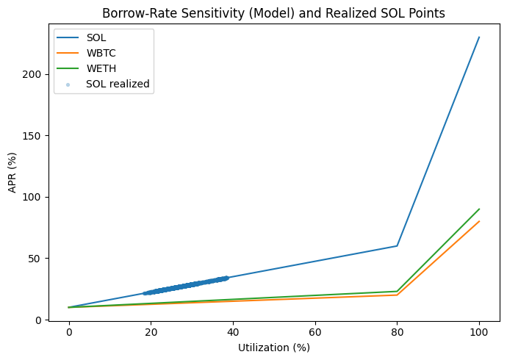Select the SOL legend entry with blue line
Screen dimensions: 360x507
pos(96,37)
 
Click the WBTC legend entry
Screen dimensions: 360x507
pos(100,53)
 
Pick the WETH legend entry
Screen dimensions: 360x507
pos(100,68)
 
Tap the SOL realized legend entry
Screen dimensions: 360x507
pos(118,84)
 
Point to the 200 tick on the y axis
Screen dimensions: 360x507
pos(32,74)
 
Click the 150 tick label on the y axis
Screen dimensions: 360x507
pos(32,136)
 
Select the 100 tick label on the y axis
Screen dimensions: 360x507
pos(32,197)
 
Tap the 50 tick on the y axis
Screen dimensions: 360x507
pos(35,259)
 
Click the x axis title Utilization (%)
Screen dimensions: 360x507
pos(273,348)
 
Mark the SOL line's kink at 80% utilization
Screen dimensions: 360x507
pos(397,246)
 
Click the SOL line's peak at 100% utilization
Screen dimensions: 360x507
pos(479,37)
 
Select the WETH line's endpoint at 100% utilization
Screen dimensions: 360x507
pos(479,209)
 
